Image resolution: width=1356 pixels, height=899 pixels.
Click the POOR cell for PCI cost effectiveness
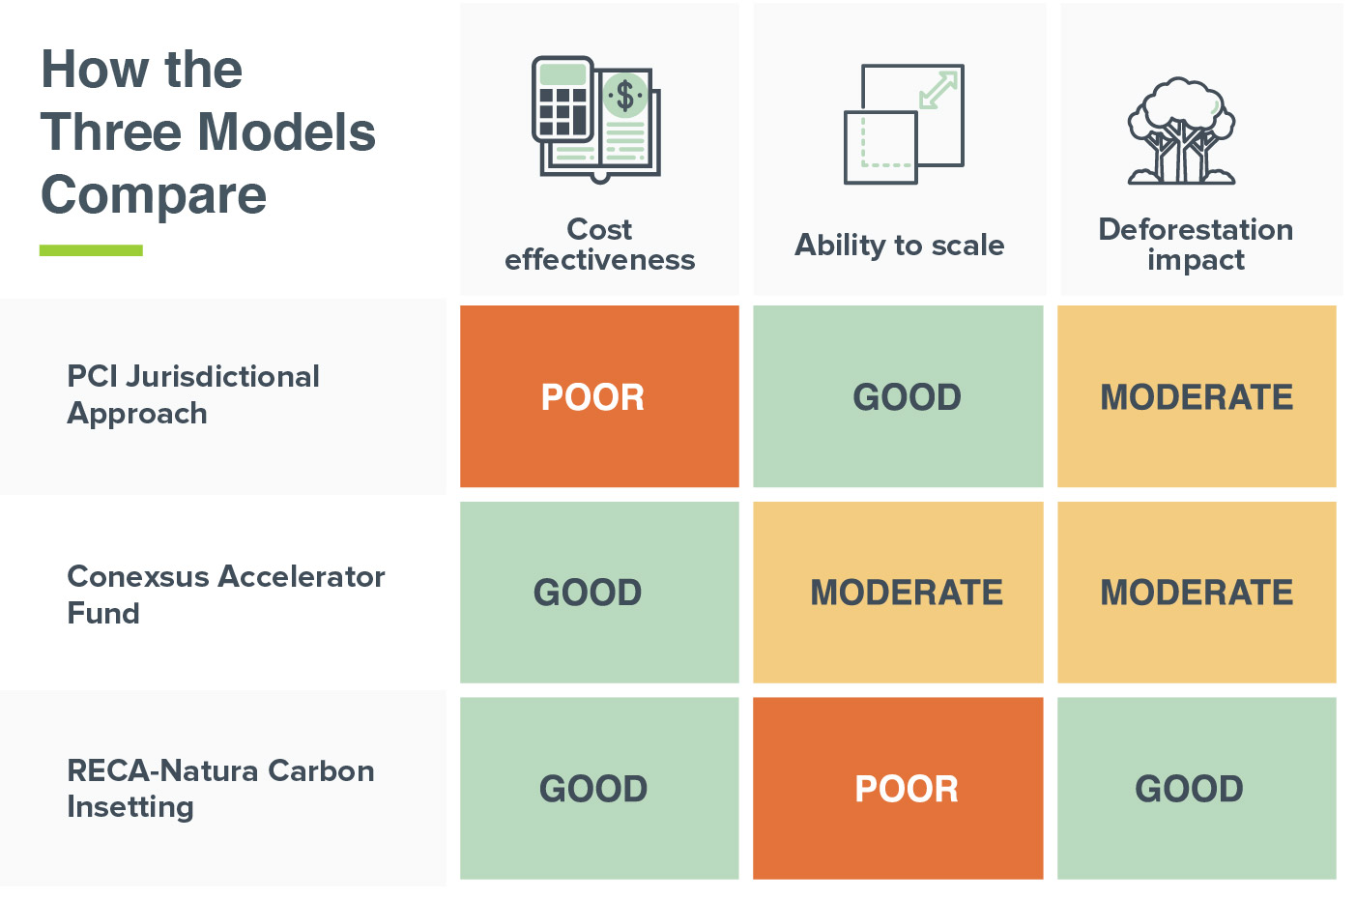(x=599, y=396)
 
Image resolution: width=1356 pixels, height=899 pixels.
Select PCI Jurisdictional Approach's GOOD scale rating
(x=898, y=396)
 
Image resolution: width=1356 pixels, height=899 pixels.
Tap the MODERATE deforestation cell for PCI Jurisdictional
(x=1197, y=396)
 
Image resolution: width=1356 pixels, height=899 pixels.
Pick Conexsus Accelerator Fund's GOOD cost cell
(x=599, y=592)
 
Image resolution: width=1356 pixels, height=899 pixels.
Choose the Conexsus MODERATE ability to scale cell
(x=898, y=592)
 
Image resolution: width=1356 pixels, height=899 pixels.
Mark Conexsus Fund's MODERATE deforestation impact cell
(x=1197, y=592)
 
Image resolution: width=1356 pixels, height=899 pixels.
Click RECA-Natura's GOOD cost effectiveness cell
(x=599, y=788)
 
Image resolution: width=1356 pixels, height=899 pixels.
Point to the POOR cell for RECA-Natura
(x=898, y=788)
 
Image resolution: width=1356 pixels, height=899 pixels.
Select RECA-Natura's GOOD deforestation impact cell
(x=1197, y=788)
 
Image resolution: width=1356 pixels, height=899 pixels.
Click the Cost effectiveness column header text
(x=599, y=245)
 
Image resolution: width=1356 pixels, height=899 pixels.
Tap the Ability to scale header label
(x=900, y=246)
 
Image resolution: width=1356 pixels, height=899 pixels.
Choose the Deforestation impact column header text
(x=1197, y=245)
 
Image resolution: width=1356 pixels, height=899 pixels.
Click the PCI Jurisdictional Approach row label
(x=193, y=394)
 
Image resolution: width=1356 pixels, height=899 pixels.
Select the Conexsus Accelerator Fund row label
(x=226, y=594)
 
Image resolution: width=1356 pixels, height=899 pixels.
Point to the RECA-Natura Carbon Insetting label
(x=220, y=789)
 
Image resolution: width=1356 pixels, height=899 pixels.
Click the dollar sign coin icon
(x=625, y=95)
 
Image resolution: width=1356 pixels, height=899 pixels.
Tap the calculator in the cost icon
(x=563, y=100)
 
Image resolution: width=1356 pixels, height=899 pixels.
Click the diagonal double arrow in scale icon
(x=938, y=90)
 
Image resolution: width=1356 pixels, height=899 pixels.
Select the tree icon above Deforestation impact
(x=1181, y=130)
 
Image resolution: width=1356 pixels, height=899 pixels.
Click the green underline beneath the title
(x=91, y=250)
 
